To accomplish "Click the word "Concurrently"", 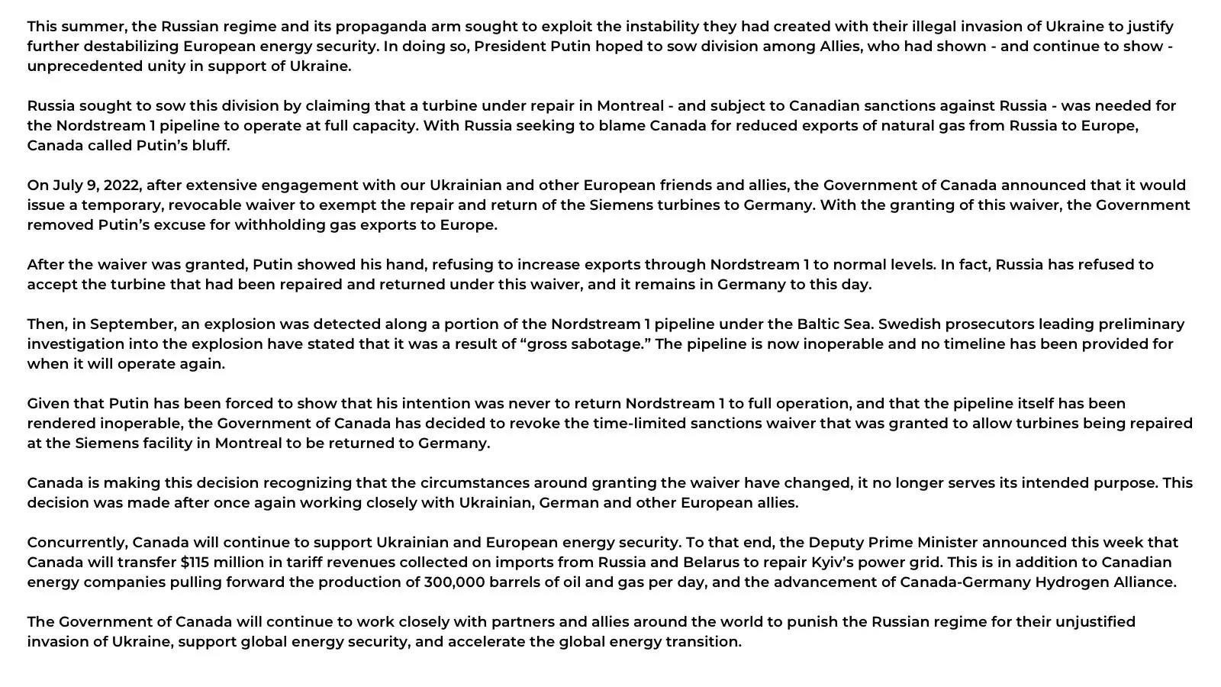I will pos(77,542).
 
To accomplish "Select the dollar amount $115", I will pos(197,562).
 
